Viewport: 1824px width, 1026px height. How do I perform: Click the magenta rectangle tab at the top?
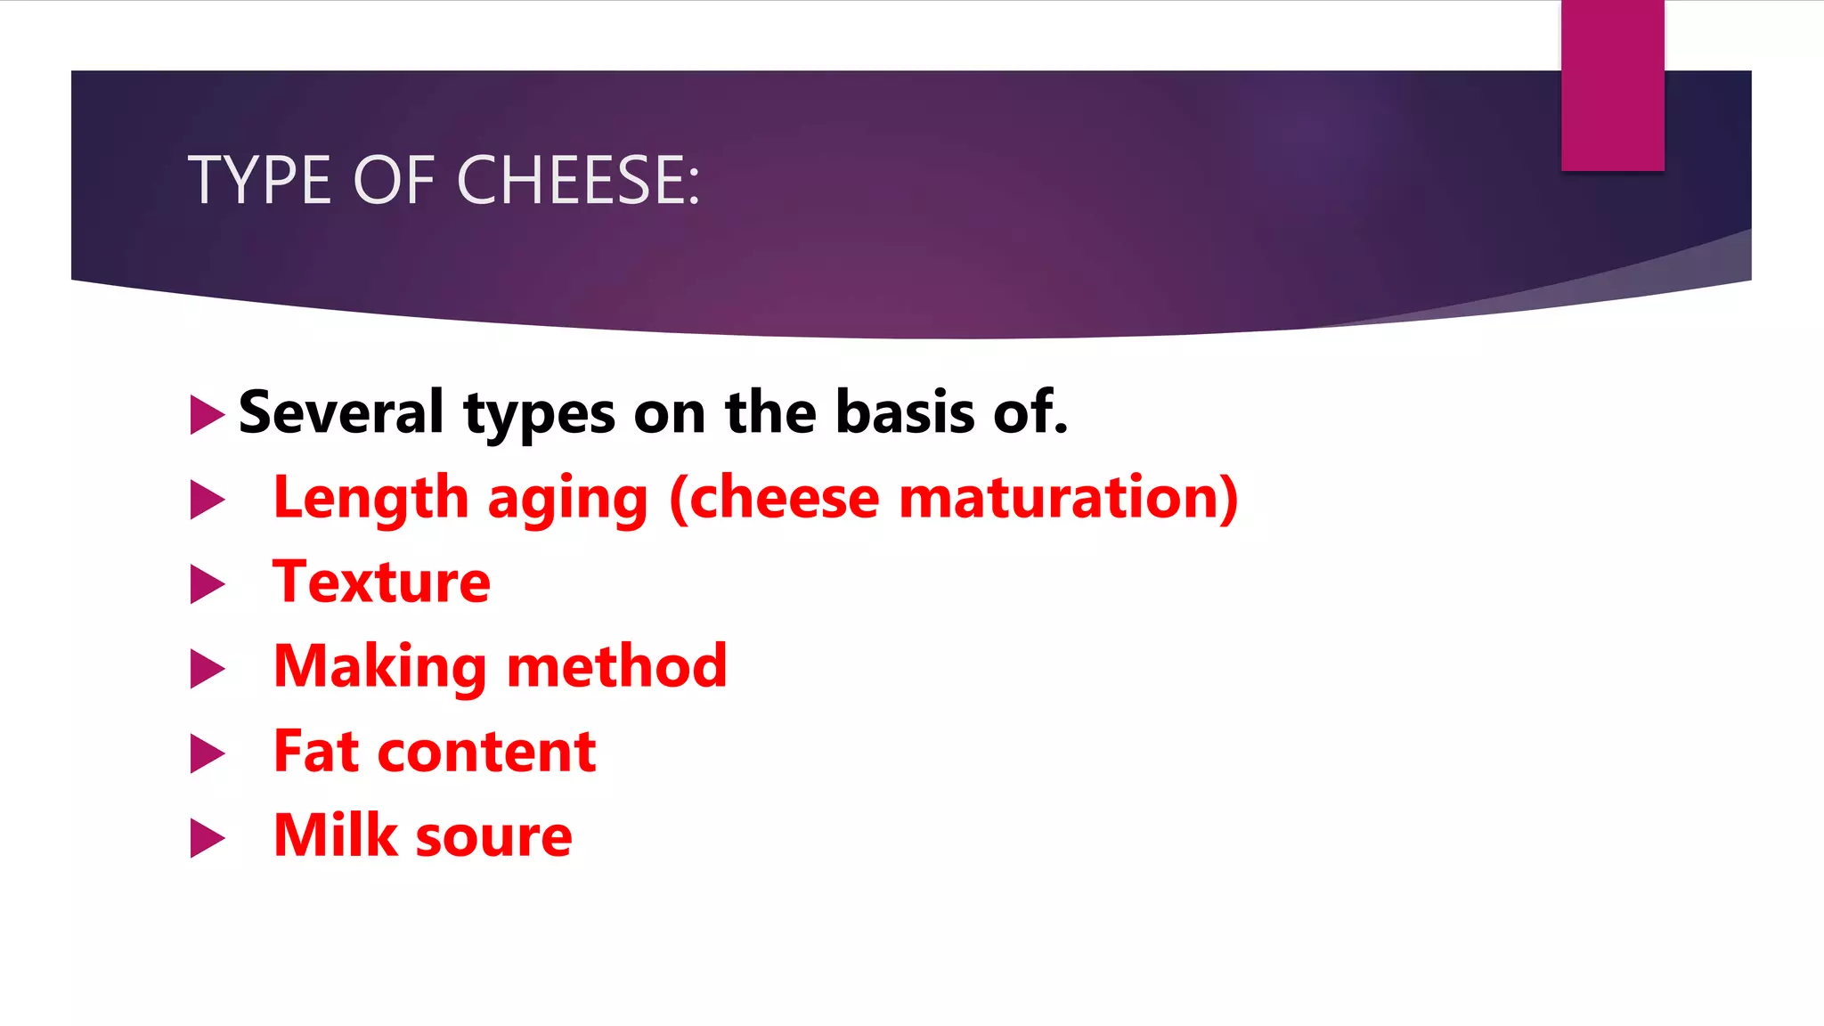tap(1612, 85)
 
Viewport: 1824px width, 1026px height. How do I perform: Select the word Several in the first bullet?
tap(341, 412)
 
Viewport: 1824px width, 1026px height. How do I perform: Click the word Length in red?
tap(370, 498)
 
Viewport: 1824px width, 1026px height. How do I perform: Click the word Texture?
tap(381, 582)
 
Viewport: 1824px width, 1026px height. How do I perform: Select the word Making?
tap(379, 668)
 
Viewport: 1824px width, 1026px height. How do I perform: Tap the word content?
tap(486, 753)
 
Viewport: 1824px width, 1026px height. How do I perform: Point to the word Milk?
tap(335, 835)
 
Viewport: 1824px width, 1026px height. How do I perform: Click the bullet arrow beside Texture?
tap(207, 584)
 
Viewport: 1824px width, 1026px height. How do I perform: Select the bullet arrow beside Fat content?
tap(207, 753)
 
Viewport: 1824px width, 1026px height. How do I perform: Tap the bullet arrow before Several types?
tap(207, 415)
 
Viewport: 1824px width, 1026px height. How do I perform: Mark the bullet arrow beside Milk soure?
tap(207, 838)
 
